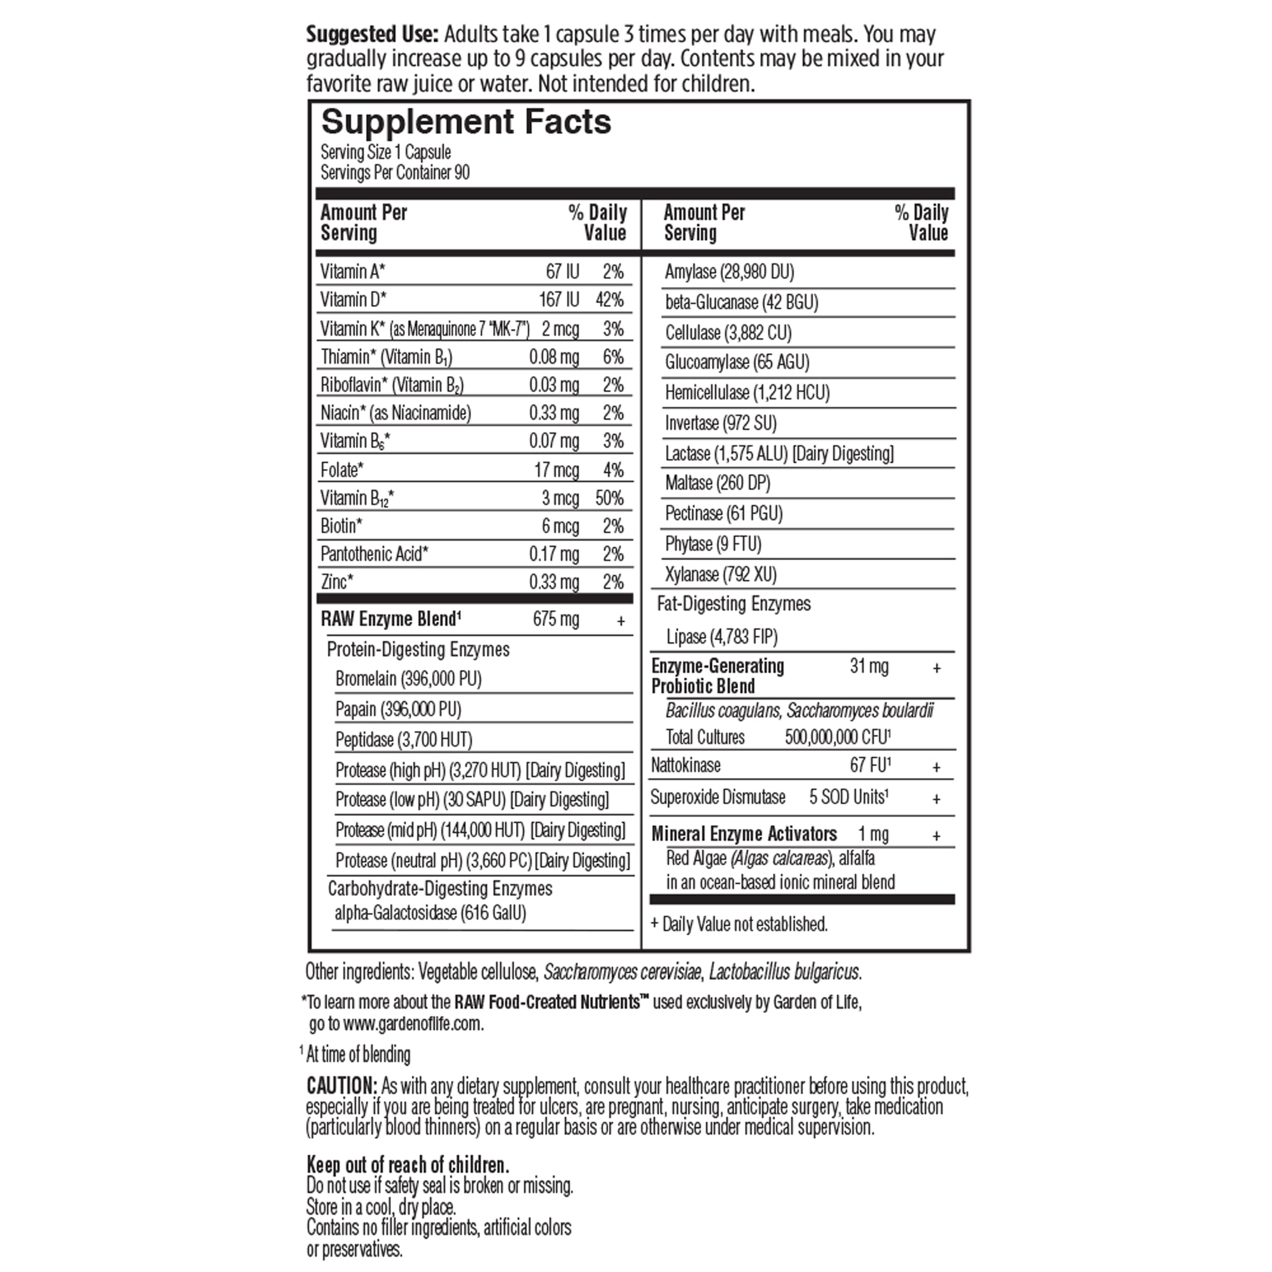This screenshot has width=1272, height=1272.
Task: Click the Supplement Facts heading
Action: [466, 123]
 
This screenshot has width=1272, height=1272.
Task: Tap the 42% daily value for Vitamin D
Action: [609, 300]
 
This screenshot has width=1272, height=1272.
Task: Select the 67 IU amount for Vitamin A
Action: [562, 272]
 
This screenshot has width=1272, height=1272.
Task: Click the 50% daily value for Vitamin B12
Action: [609, 499]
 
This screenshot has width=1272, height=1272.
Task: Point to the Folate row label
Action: [342, 470]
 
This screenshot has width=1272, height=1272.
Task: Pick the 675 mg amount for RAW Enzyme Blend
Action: [556, 619]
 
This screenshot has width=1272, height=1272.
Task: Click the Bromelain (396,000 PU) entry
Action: [408, 679]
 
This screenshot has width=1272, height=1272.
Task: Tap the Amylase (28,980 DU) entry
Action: [729, 272]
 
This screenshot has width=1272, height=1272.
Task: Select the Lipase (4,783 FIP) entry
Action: [722, 637]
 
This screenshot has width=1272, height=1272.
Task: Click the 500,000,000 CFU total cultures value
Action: [838, 737]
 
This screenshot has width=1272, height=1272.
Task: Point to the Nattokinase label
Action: [686, 766]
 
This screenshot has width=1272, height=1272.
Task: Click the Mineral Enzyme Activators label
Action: [744, 834]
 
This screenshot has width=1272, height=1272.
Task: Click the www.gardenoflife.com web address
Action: [413, 1024]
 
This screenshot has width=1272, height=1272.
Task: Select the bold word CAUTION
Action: [341, 1086]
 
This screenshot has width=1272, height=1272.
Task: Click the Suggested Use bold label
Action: [372, 34]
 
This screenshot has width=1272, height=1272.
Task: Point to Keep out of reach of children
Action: [408, 1165]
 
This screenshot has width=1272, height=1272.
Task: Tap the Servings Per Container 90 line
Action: [395, 173]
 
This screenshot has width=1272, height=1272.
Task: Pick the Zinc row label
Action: [336, 582]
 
